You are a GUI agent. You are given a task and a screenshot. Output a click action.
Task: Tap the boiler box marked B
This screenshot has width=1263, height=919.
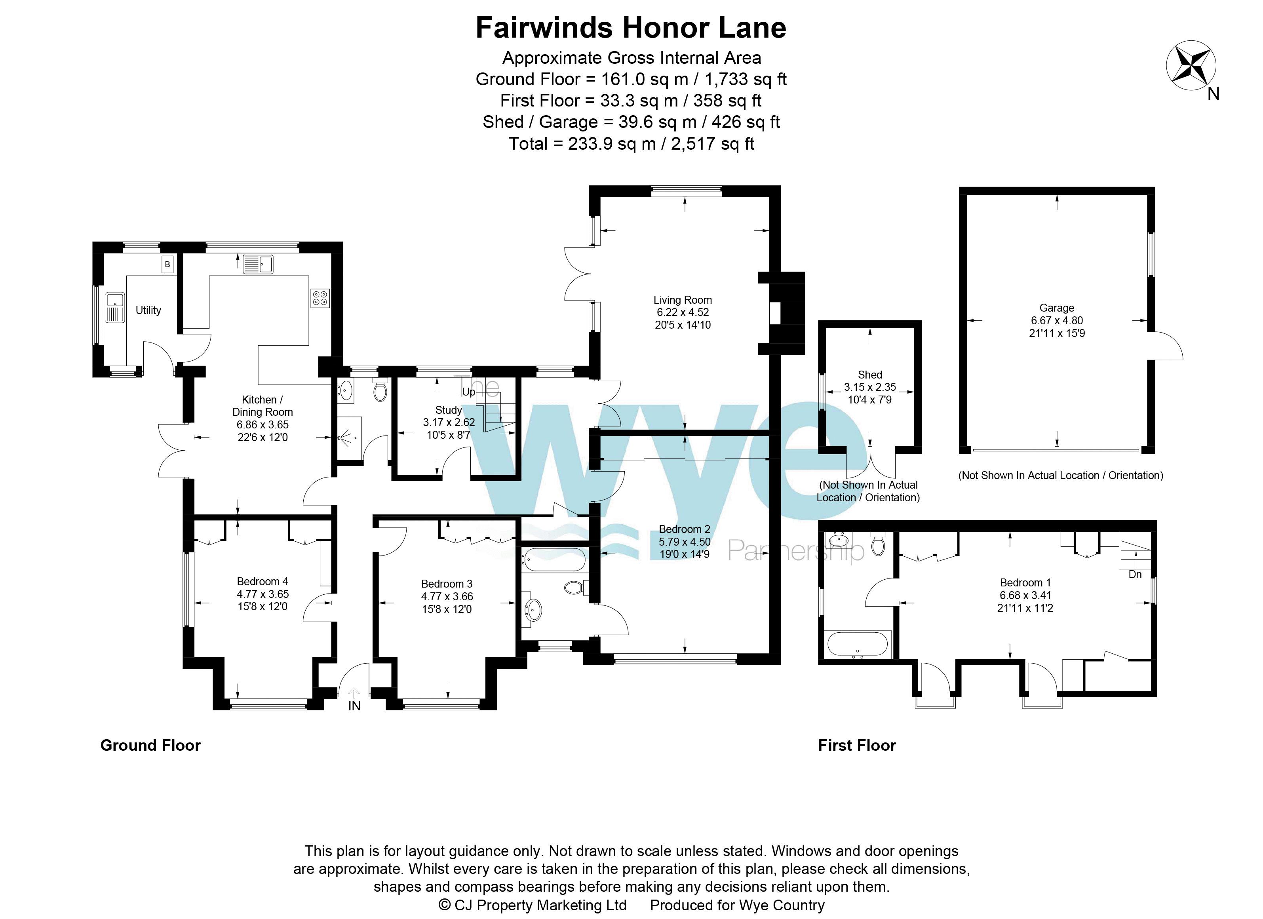point(167,264)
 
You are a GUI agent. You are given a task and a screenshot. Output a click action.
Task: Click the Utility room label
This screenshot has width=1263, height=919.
point(148,310)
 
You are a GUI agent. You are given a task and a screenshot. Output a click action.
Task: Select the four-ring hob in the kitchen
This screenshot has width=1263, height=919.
point(320,298)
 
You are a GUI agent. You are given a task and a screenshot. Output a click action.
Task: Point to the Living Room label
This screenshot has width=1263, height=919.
point(683,300)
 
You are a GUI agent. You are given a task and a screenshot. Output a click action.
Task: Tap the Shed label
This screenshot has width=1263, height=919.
point(870,375)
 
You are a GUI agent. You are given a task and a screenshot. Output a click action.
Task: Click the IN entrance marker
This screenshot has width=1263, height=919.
point(354,706)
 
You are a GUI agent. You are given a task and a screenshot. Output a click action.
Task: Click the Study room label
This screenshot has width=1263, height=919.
point(449,410)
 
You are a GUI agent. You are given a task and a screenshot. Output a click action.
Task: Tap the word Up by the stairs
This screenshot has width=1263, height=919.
point(469,392)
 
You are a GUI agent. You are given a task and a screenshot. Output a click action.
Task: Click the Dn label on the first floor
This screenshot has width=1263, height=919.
point(1135,574)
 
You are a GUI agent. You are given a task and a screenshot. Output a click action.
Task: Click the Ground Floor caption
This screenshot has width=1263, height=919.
point(150,745)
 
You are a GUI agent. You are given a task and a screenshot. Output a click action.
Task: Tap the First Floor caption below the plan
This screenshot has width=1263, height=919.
point(857,745)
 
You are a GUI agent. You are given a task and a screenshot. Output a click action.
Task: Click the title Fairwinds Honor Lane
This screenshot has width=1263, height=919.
point(631,27)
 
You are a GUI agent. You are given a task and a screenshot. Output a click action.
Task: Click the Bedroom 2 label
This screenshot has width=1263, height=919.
point(685,529)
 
